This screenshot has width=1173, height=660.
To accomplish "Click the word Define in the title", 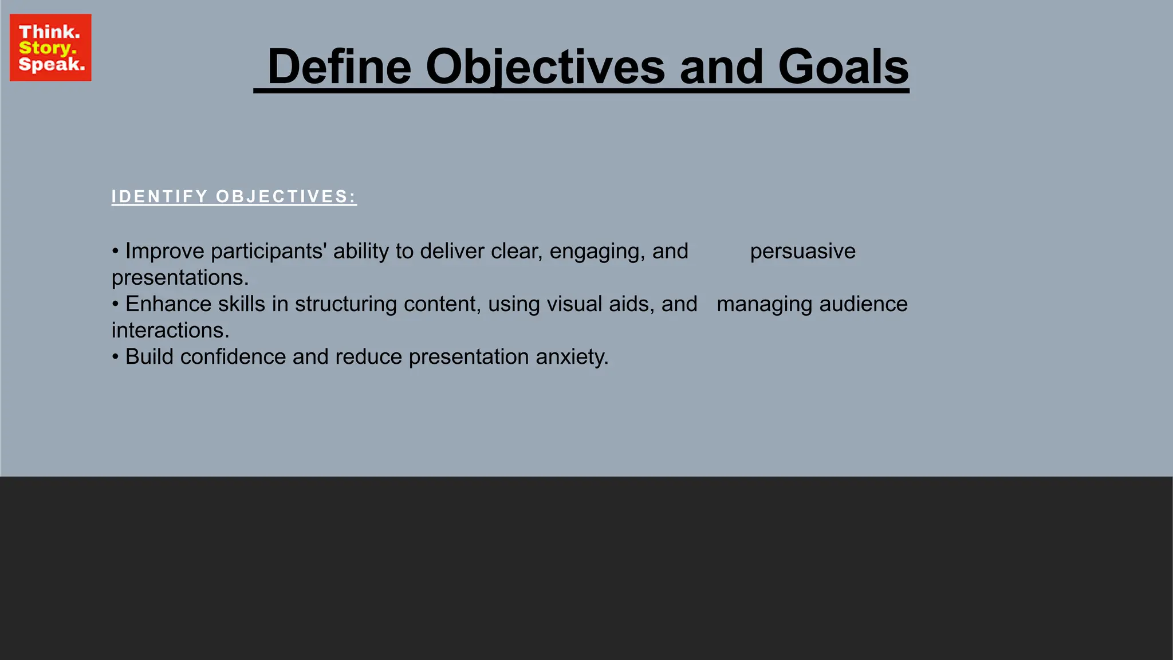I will pos(339,67).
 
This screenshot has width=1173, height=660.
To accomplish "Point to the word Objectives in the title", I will pos(545,67).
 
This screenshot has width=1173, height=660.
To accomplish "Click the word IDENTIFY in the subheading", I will pos(159,197).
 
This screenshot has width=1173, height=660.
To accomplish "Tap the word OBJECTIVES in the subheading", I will pos(285,197).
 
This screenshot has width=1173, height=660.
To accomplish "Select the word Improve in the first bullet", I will pos(164,251).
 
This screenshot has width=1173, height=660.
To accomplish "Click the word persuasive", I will pos(802,251).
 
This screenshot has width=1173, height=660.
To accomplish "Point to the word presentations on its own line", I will pos(179,278).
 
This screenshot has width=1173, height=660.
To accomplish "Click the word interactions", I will pos(170,331).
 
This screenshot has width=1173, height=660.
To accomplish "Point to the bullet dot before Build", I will pos(115,356).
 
